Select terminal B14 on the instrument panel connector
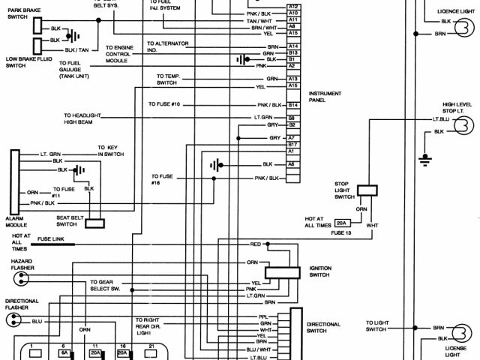tap(293, 105)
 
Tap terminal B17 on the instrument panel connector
tap(293, 143)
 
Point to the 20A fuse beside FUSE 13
tap(341, 223)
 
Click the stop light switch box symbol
tap(367, 190)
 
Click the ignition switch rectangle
tap(283, 272)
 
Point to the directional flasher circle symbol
tap(13, 320)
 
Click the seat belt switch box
tap(95, 223)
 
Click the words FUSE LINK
tap(52, 238)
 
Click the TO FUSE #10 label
tap(164, 103)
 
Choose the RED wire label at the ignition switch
tap(254, 244)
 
